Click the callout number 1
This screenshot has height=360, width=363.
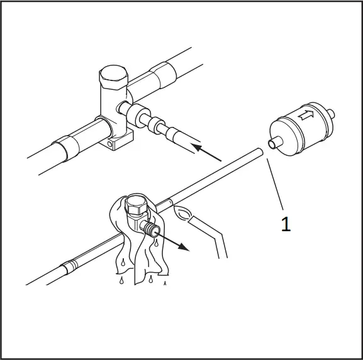click(x=286, y=224)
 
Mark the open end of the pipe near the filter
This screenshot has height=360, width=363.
click(x=259, y=151)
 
